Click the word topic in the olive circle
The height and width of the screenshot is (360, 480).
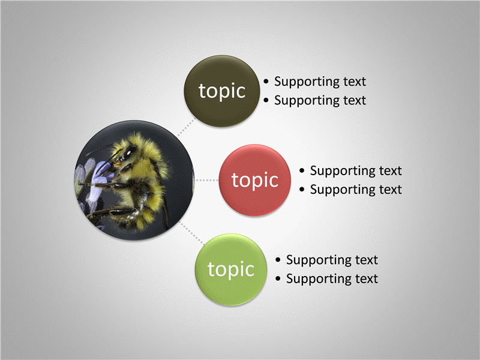tap(222, 91)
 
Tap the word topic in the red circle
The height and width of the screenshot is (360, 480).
tap(254, 180)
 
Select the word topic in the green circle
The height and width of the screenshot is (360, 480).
tap(231, 269)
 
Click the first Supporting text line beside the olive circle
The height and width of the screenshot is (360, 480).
tap(320, 82)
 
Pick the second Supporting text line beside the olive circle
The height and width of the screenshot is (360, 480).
tap(320, 100)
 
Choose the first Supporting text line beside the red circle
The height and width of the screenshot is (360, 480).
tap(356, 171)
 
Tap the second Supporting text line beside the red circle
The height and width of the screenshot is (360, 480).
tap(356, 190)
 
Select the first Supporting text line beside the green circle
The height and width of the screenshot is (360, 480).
tap(332, 260)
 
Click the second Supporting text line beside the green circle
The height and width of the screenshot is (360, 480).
tap(332, 279)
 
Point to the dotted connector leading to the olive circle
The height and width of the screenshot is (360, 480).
tap(186, 127)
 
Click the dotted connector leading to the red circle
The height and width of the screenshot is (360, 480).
tap(207, 180)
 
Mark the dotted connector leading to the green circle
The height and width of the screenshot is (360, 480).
tap(192, 233)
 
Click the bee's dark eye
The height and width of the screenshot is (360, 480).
tap(129, 152)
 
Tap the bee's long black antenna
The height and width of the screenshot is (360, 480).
tap(100, 149)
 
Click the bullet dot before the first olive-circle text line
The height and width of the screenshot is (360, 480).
tap(266, 82)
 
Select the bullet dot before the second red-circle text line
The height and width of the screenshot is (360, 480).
tap(302, 190)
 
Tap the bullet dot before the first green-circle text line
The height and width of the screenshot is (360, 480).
tap(278, 260)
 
